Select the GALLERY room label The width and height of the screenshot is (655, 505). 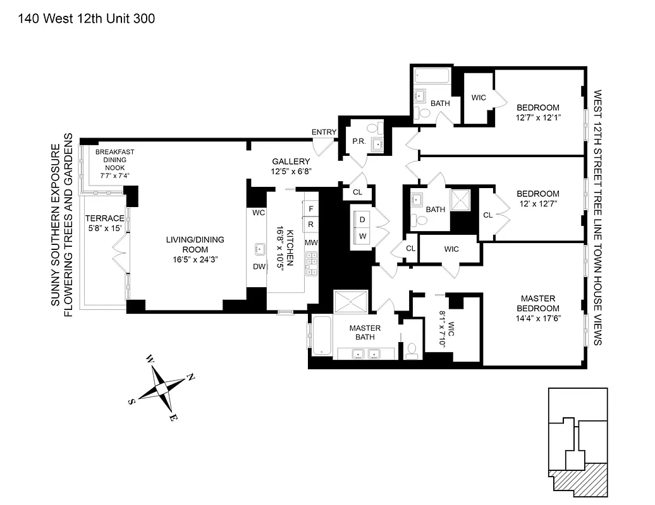[x=291, y=162]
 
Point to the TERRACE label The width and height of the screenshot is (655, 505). [x=105, y=218]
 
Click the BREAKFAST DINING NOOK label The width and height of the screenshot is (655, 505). [x=111, y=160]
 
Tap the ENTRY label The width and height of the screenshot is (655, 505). [x=324, y=132]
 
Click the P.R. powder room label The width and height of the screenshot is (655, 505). [x=360, y=142]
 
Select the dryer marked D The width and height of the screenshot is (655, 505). [x=362, y=219]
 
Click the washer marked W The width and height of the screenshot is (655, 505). [x=362, y=235]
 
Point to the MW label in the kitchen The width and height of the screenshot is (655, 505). [x=311, y=242]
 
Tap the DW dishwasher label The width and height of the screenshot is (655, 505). [x=259, y=266]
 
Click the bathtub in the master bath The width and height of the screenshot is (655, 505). [x=321, y=336]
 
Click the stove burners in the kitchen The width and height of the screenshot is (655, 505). [x=311, y=264]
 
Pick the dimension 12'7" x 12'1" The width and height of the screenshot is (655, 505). [x=538, y=117]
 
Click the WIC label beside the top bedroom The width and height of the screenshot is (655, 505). [x=479, y=98]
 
